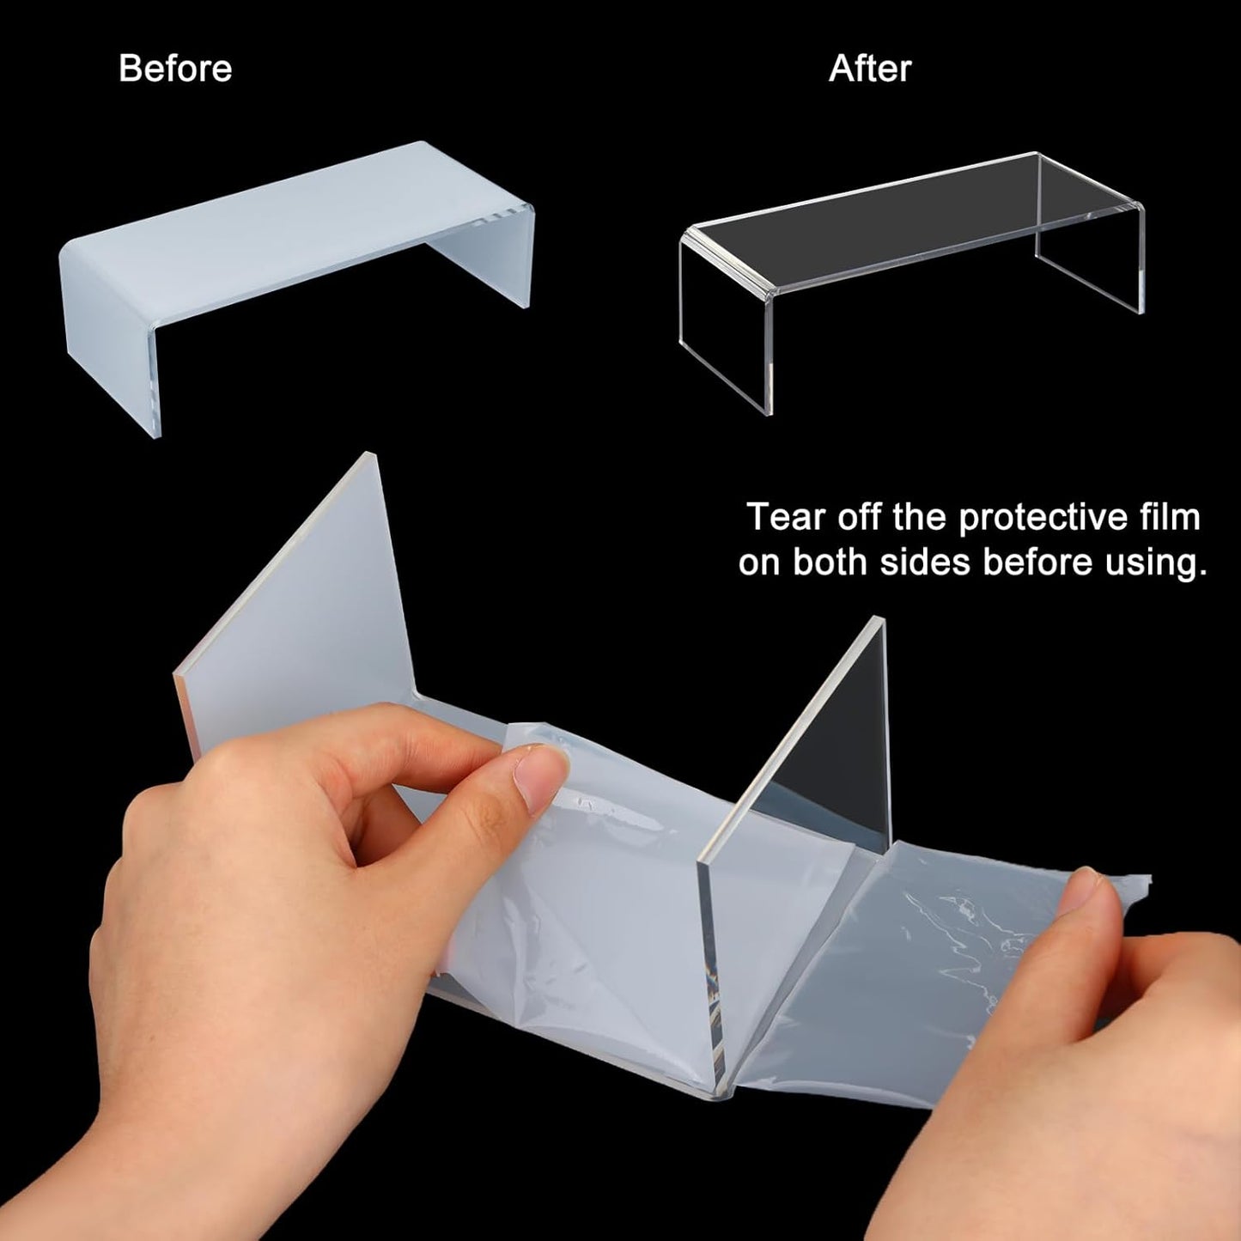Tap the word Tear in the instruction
coord(787,517)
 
